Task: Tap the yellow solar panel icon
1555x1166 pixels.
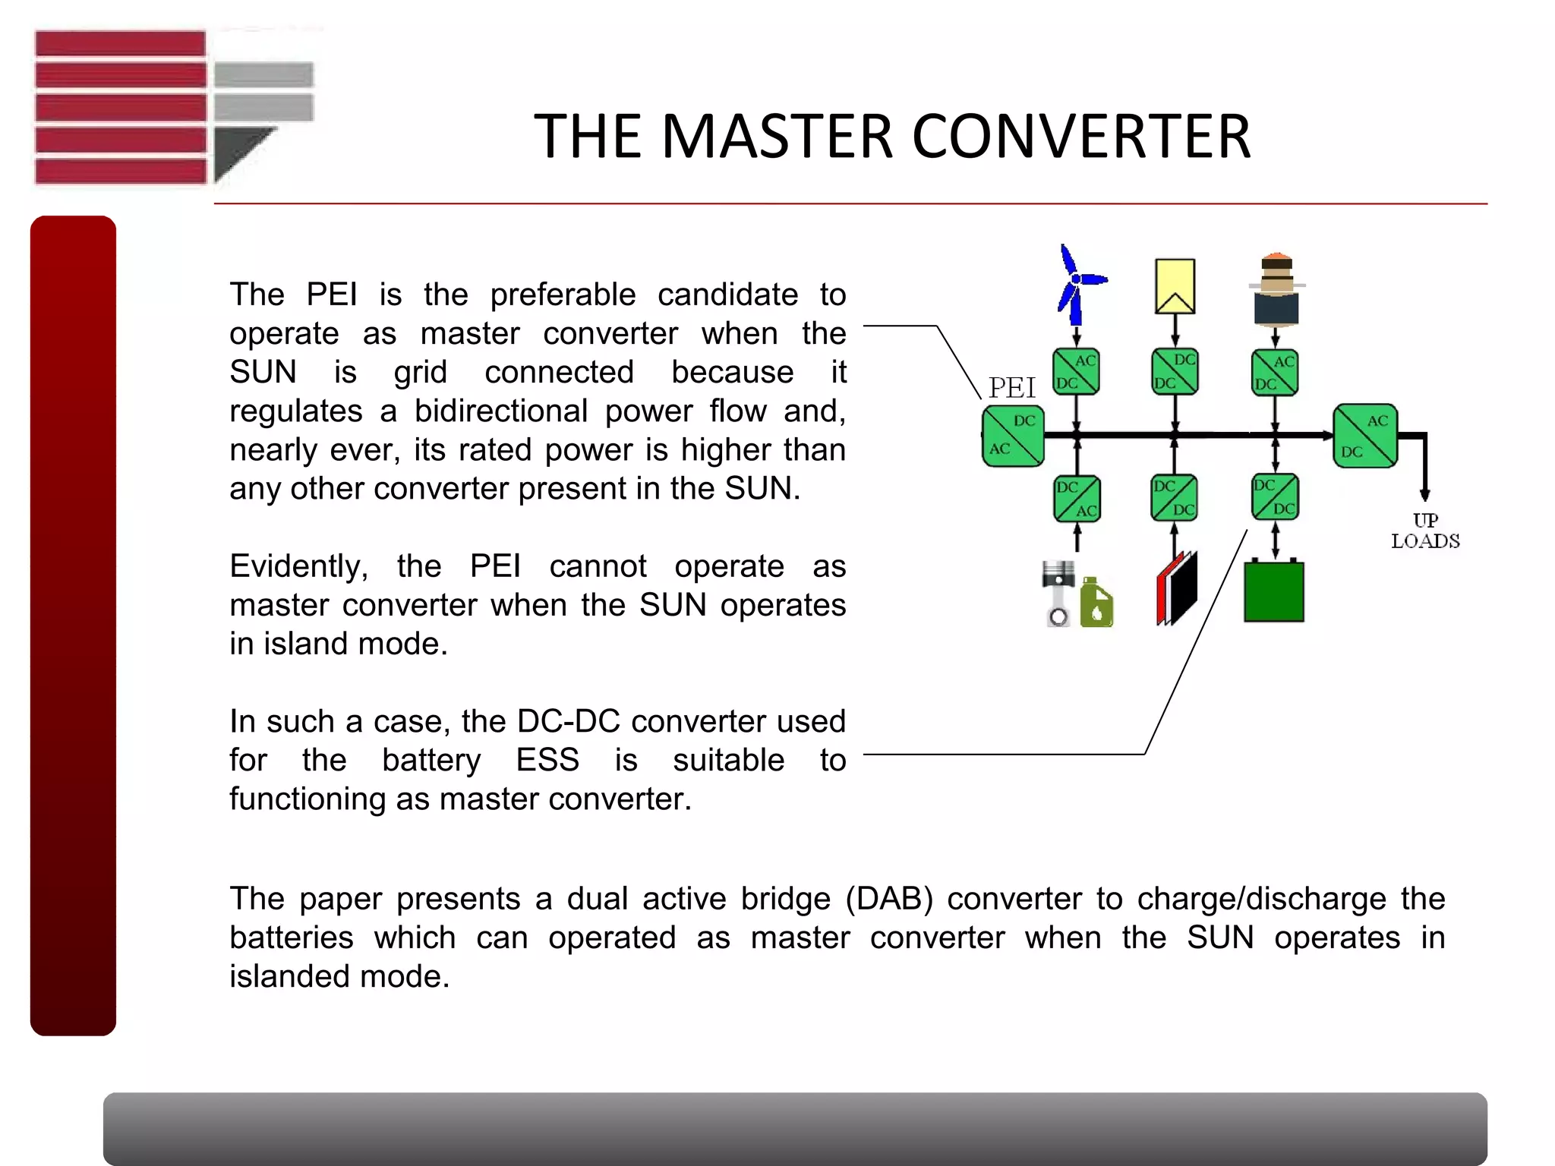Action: (1175, 286)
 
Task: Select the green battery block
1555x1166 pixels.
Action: (1274, 592)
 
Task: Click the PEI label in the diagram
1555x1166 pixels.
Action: (1011, 388)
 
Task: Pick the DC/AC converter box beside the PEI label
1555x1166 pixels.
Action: (1013, 436)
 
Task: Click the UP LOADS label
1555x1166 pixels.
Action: (1425, 531)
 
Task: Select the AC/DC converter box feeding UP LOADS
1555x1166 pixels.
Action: (1365, 436)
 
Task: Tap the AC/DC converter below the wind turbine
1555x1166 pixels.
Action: (1076, 372)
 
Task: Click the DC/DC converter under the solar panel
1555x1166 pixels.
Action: (1175, 372)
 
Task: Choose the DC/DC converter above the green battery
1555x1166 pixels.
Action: (1275, 497)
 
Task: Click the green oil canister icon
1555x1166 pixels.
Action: (1096, 603)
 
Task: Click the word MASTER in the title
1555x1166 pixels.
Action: (777, 137)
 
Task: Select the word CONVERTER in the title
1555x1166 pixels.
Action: (1080, 137)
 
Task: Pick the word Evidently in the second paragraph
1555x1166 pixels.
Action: (299, 566)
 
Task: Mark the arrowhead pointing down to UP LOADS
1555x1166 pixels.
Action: (1425, 494)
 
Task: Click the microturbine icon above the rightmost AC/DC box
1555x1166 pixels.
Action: (1276, 288)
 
